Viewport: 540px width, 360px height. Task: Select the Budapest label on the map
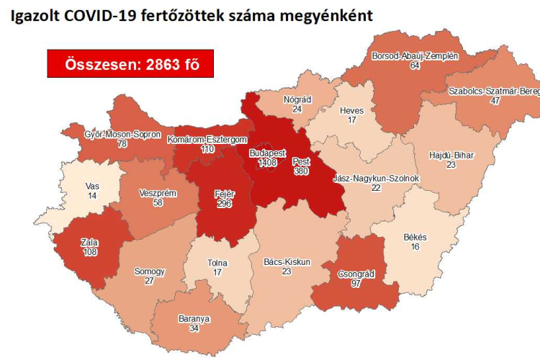[268, 153]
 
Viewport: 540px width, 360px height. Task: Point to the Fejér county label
[225, 194]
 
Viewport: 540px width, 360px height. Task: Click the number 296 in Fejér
[225, 203]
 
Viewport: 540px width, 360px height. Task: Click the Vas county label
[91, 186]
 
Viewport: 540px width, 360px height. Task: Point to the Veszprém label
[158, 193]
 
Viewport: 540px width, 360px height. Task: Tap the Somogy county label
[150, 271]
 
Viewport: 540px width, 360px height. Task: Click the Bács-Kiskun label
[286, 262]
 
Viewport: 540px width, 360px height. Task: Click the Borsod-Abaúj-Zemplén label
[414, 55]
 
